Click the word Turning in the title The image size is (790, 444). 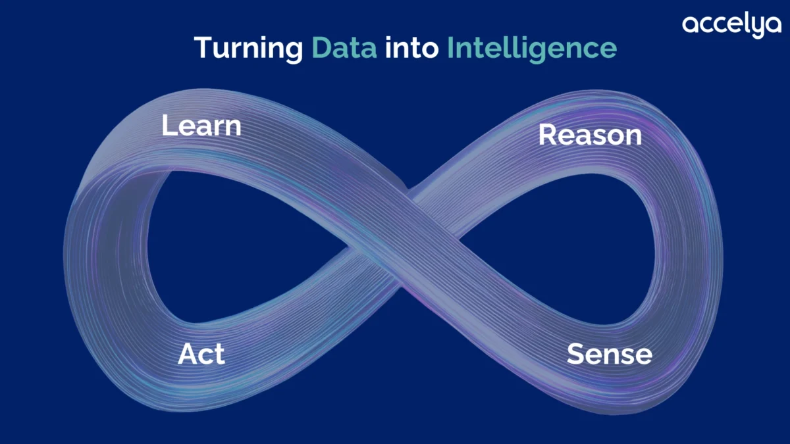click(x=249, y=49)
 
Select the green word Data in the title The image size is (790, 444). click(x=344, y=47)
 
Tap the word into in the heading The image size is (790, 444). click(x=411, y=47)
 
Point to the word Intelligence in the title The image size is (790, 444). click(x=532, y=49)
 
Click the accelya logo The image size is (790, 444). click(x=732, y=26)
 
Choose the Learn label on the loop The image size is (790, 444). click(x=201, y=126)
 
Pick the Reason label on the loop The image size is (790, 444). click(x=590, y=135)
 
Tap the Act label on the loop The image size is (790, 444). click(x=201, y=353)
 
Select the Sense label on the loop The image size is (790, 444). click(x=610, y=354)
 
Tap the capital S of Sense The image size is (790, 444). click(x=575, y=354)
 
